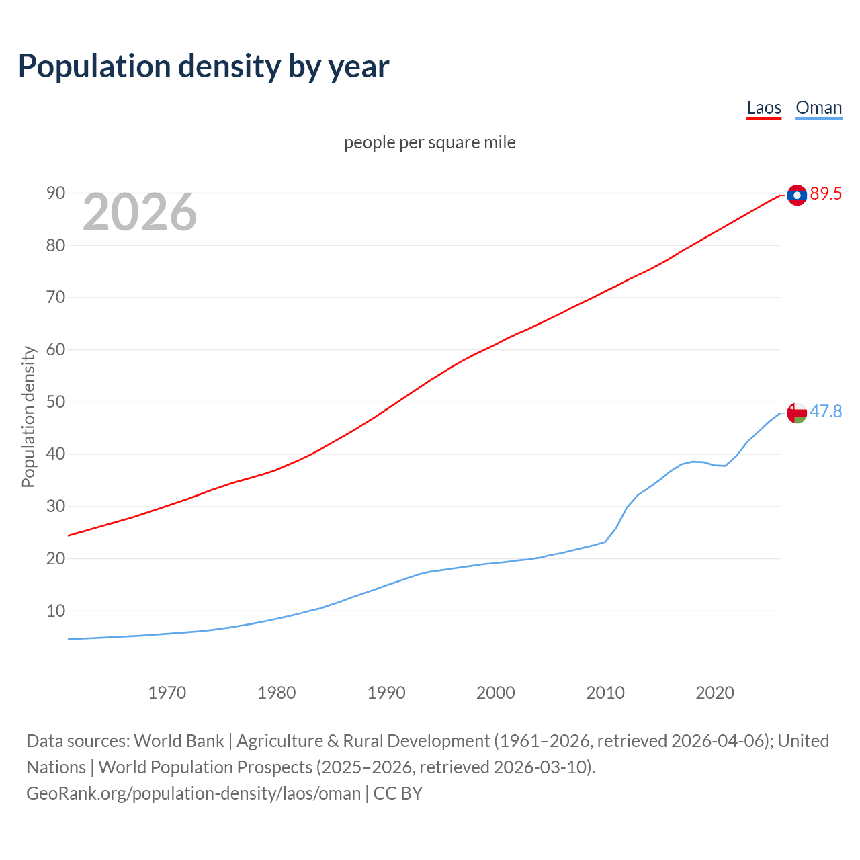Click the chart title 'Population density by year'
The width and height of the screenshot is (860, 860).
(x=204, y=67)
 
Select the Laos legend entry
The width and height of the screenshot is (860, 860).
(x=764, y=107)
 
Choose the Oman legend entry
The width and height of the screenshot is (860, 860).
(x=818, y=107)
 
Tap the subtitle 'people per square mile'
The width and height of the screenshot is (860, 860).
(x=429, y=142)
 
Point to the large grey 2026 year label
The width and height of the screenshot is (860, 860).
(x=140, y=212)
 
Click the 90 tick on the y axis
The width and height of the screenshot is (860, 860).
(x=56, y=193)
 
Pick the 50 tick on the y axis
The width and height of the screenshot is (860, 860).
(x=56, y=402)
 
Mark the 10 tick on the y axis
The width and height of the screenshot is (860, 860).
(x=56, y=611)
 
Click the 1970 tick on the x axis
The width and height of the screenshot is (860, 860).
(x=167, y=693)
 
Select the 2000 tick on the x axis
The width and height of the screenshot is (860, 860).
(x=495, y=693)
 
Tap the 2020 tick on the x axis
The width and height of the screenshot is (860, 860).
(x=714, y=693)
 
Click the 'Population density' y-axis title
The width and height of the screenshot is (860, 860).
(x=28, y=417)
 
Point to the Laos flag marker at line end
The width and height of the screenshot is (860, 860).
(x=797, y=195)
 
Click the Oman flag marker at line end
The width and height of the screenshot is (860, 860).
(x=797, y=413)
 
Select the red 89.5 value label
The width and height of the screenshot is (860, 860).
(x=826, y=194)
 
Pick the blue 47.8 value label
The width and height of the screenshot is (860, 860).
(x=826, y=411)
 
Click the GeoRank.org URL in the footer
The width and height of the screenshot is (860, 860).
(x=193, y=793)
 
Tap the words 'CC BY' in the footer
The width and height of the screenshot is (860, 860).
(x=398, y=793)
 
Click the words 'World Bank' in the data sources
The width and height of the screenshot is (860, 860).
(x=179, y=741)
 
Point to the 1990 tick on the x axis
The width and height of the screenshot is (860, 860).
(x=386, y=693)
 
